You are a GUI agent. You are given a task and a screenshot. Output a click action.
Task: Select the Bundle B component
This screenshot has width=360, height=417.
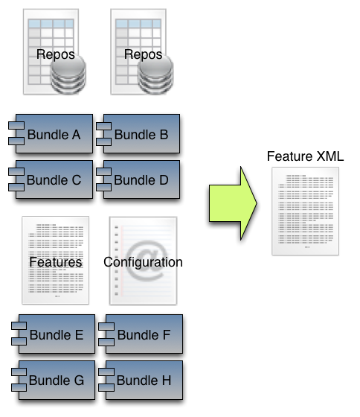click(x=138, y=133)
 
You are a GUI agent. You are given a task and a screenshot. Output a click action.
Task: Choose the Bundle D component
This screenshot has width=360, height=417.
click(x=138, y=179)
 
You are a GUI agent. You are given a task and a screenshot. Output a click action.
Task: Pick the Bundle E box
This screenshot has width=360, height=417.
click(x=53, y=334)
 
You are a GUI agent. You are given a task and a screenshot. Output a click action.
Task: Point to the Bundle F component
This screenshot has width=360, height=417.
click(x=141, y=334)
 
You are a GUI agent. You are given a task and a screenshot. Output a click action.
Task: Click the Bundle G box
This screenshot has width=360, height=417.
click(x=53, y=380)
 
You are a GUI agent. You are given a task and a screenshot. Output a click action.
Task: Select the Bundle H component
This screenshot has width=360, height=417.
click(x=141, y=380)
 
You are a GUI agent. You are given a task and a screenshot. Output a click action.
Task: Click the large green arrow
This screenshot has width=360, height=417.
click(x=233, y=203)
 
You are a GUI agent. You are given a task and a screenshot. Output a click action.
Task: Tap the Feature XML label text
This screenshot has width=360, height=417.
click(x=305, y=156)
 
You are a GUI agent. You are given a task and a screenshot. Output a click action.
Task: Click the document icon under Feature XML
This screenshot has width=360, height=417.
click(x=305, y=211)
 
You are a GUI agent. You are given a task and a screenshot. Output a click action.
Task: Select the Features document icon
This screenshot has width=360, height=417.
click(x=56, y=260)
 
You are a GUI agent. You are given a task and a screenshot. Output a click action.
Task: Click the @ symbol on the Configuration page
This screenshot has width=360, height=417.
click(x=146, y=260)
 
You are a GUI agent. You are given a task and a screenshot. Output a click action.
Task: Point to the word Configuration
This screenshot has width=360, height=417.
click(x=143, y=262)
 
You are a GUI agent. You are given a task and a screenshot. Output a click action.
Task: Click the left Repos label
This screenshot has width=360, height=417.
click(x=56, y=54)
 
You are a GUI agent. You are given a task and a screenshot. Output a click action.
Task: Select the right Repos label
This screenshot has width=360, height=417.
click(x=144, y=54)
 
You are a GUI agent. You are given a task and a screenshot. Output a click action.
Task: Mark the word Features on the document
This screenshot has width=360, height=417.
click(x=56, y=262)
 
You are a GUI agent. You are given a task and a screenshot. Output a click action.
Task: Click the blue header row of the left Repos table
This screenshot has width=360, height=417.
click(x=51, y=23)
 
